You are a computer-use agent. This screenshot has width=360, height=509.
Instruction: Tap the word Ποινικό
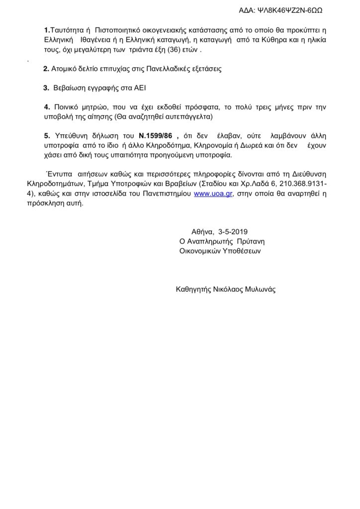click(x=66, y=107)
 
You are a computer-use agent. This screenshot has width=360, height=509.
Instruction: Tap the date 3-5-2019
click(x=232, y=232)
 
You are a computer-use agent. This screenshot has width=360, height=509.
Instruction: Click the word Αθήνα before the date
click(x=202, y=232)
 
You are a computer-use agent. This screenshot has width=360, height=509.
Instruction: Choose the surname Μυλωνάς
click(x=258, y=289)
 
